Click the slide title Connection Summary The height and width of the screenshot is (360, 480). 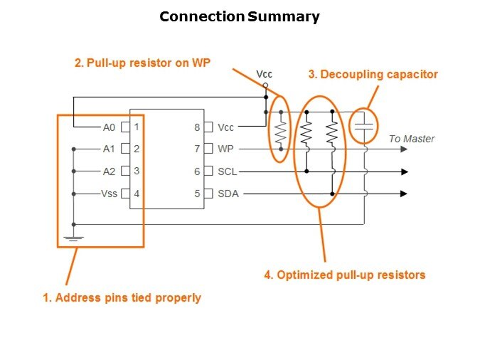[240, 16]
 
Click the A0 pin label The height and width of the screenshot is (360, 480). [109, 127]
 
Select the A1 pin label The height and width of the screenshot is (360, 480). [109, 149]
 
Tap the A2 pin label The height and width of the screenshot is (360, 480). [109, 171]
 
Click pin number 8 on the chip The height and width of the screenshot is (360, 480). [197, 127]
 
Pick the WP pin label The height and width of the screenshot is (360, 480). [225, 149]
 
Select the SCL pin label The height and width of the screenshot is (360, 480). [228, 171]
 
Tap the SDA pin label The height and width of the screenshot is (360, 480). [228, 194]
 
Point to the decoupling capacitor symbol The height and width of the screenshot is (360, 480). [364, 125]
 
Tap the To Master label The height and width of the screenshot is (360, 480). [412, 139]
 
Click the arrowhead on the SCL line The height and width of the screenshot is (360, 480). [405, 171]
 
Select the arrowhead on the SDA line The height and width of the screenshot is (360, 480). [405, 194]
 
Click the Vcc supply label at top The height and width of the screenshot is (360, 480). [265, 74]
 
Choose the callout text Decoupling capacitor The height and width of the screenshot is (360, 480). [373, 74]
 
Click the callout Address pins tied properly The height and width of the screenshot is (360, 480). [122, 297]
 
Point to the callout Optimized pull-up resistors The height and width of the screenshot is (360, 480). [345, 275]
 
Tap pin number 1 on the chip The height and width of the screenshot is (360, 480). [136, 127]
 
